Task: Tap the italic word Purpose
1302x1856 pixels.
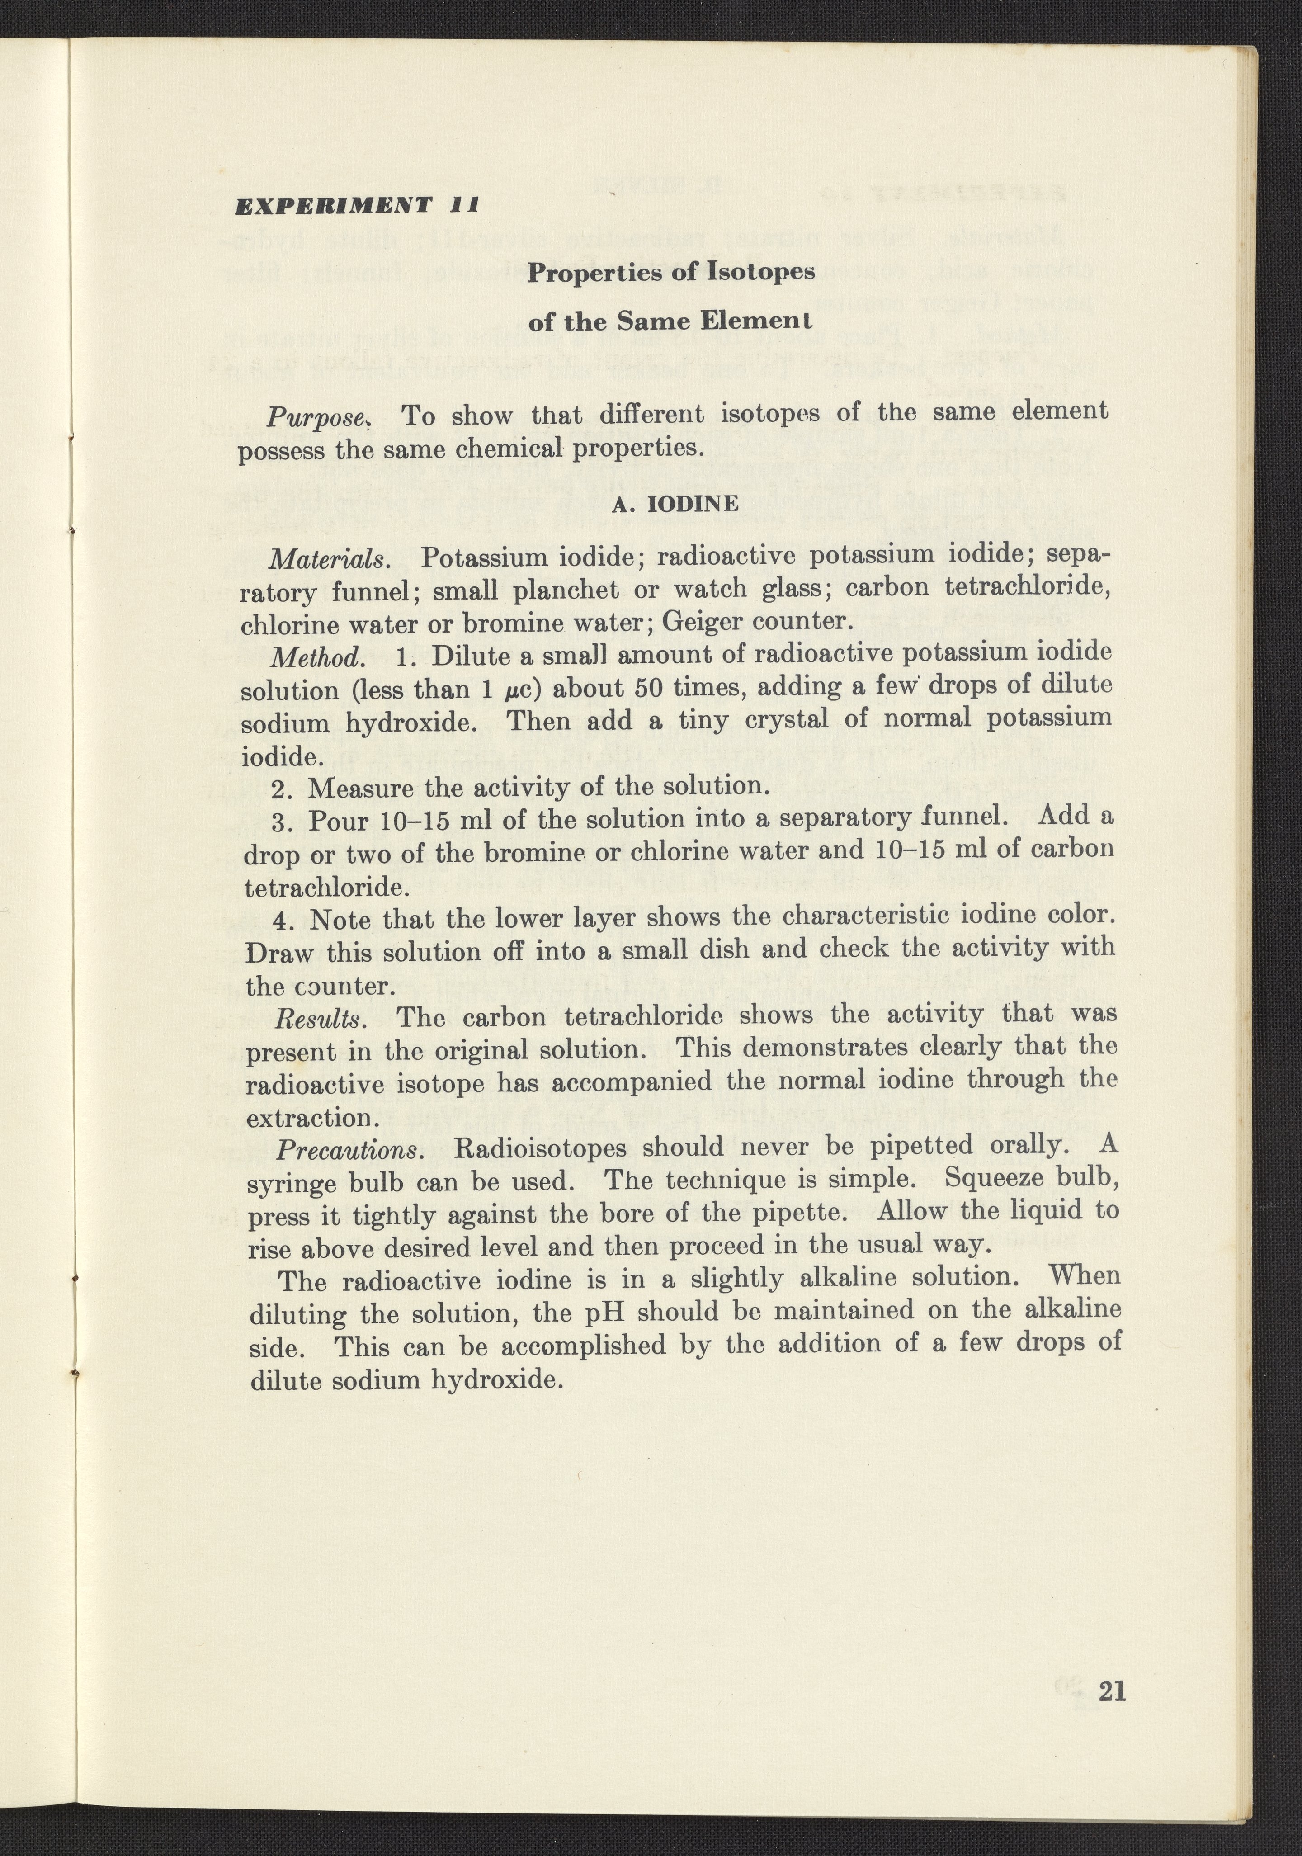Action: click(x=318, y=417)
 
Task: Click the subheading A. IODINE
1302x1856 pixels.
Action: click(x=676, y=505)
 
